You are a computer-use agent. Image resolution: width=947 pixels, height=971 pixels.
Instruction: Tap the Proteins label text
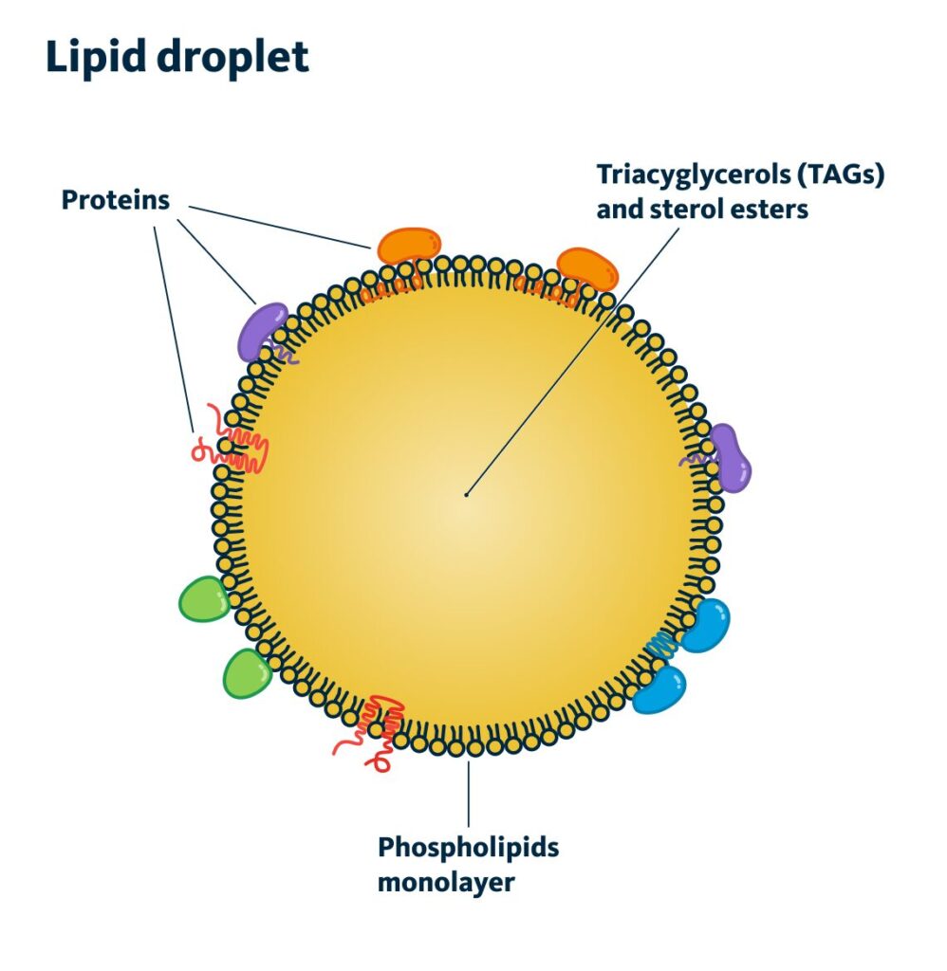(115, 201)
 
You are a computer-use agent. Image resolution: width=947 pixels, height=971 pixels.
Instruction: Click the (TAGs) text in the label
(847, 175)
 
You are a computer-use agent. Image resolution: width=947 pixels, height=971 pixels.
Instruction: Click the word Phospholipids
(468, 847)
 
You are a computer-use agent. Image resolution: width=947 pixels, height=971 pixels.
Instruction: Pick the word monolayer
(445, 882)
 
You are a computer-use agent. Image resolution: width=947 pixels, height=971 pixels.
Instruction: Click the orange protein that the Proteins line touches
(409, 246)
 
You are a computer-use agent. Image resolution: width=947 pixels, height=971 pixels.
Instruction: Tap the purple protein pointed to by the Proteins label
(262, 330)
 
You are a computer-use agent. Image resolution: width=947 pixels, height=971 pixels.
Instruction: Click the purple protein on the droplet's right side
(731, 458)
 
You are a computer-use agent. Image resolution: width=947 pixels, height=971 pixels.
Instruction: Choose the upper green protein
(204, 599)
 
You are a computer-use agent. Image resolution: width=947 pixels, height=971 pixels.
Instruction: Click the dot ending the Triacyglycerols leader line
(467, 493)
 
